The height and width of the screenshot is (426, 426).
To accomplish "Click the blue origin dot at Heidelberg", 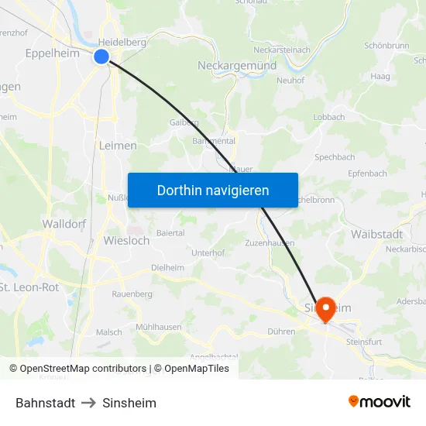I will tap(101, 56).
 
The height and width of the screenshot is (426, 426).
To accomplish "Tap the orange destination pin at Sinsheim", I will tap(325, 309).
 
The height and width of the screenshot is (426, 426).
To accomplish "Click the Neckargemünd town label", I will tap(237, 66).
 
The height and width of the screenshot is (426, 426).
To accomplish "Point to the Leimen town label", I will tap(118, 145).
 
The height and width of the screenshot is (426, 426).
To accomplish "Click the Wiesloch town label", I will tap(126, 240).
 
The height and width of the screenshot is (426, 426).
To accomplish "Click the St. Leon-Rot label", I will tap(29, 287).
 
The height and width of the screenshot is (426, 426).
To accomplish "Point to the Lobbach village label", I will tap(328, 117).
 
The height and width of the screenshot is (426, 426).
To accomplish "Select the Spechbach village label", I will tap(335, 157).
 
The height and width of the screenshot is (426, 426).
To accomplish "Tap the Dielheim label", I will tap(168, 267).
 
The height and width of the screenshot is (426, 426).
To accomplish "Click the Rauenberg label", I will tap(132, 294).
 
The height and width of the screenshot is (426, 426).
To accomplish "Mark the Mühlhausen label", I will tap(159, 327).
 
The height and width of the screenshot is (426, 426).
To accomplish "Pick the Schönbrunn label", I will tap(386, 46).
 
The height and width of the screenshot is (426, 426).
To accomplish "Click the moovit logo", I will tap(379, 402).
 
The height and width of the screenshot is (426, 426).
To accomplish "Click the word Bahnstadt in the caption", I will tap(45, 403).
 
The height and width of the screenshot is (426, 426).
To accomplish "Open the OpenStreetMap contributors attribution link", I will tap(83, 369).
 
